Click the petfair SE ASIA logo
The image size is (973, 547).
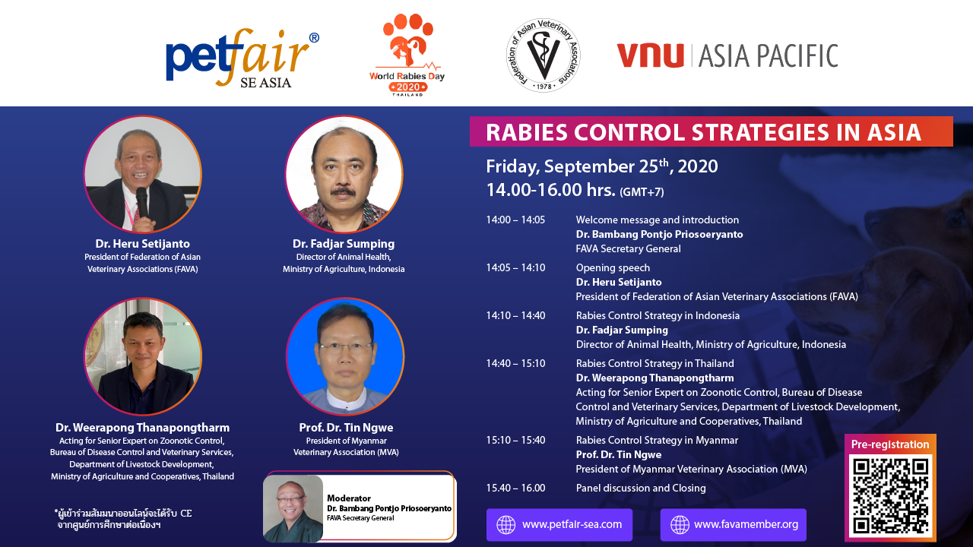click(242, 58)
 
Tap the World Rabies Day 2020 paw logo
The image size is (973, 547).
click(407, 55)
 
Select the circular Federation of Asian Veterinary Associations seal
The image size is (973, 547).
click(544, 55)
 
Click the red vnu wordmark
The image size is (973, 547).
click(650, 55)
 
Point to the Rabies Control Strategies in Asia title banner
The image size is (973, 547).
click(711, 131)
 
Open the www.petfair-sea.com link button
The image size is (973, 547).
click(559, 524)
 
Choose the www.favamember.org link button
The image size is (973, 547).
click(734, 524)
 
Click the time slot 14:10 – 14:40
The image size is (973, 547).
click(515, 315)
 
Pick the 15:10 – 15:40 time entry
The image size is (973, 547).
click(515, 440)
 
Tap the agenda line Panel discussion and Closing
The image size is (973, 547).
click(641, 488)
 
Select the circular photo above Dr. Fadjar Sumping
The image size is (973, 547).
click(344, 174)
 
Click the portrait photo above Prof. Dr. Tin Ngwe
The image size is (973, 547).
click(345, 356)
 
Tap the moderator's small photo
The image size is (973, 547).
click(293, 508)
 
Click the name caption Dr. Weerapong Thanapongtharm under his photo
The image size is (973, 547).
click(142, 428)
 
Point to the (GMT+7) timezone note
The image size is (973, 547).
click(642, 192)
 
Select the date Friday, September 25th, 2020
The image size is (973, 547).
click(601, 166)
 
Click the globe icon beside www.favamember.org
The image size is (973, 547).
click(680, 524)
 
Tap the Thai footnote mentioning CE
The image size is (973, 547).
click(123, 519)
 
